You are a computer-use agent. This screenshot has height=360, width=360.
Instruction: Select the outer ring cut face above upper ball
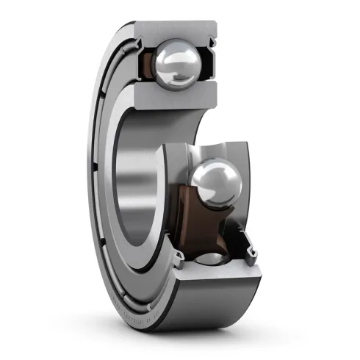[176, 29]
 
